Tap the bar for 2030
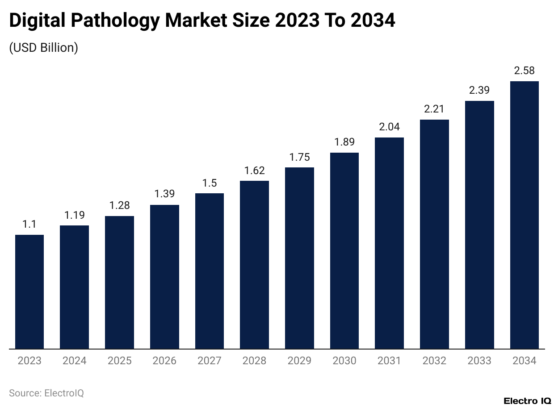click(344, 250)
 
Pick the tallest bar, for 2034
click(524, 215)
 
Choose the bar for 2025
click(119, 282)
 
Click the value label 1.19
click(75, 215)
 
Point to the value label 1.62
click(254, 171)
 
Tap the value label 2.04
click(389, 127)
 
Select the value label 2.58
click(524, 71)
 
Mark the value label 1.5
click(210, 183)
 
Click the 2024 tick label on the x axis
click(75, 361)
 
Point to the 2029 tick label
click(299, 361)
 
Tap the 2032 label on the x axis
click(434, 361)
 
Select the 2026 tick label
click(164, 361)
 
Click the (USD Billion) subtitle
click(44, 48)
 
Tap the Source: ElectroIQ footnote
click(46, 393)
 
